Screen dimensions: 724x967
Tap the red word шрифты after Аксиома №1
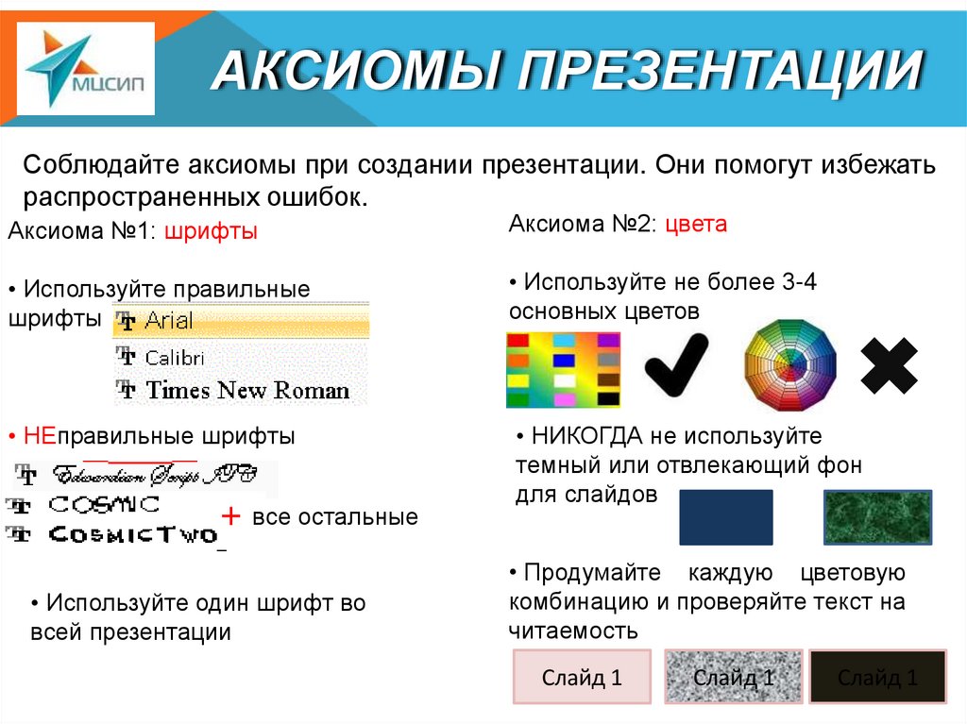point(211,232)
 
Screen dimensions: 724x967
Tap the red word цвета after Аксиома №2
point(696,225)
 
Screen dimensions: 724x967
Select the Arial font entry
point(241,321)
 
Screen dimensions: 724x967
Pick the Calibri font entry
point(175,358)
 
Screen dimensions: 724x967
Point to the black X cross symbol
point(890,365)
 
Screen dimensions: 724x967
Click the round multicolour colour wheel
point(790,364)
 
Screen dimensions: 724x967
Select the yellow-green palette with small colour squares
point(563,369)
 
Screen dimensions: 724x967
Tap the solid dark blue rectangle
point(725,516)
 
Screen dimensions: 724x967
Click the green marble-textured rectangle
point(877,516)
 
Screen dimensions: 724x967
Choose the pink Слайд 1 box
point(582,677)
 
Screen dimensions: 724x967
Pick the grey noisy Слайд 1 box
point(734,677)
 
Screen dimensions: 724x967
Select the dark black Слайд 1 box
point(877,677)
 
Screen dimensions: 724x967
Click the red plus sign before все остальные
point(230,516)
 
